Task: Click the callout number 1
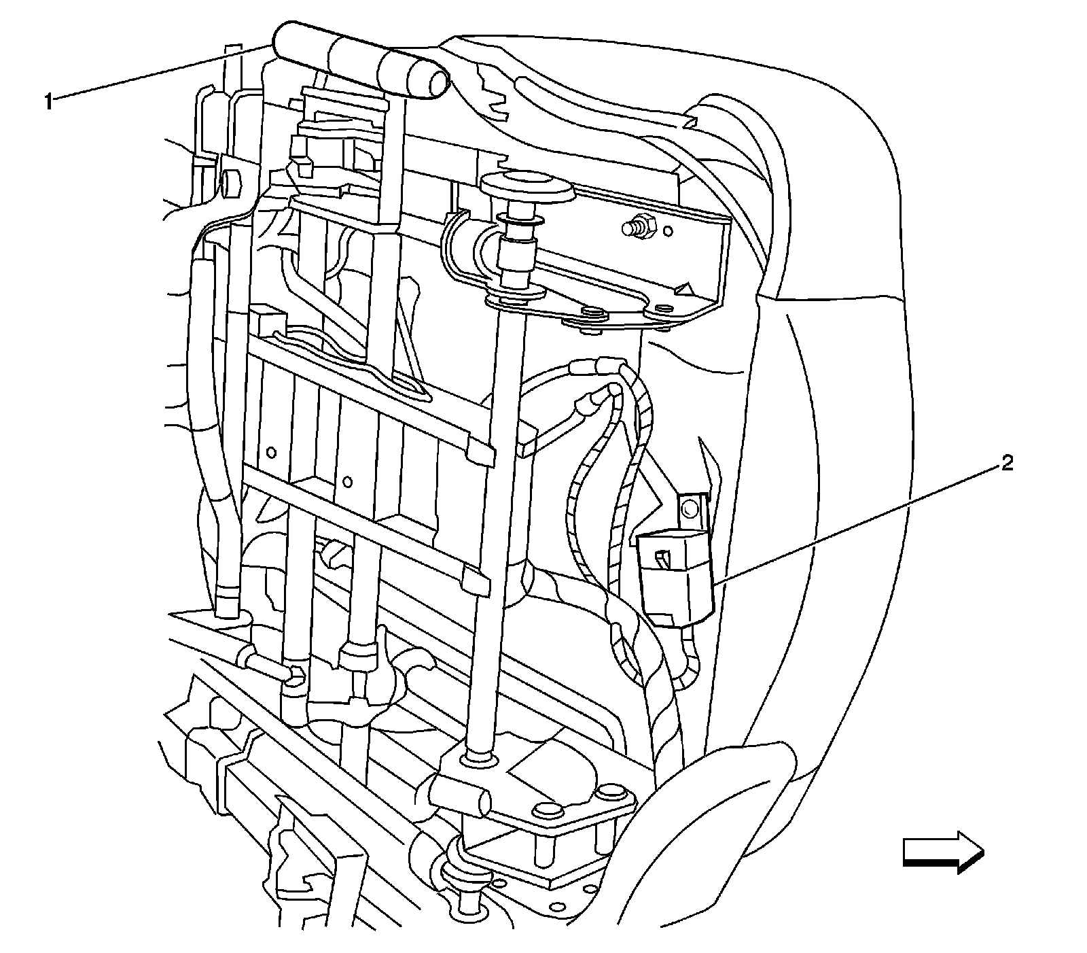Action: coord(48,102)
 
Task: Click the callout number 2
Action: coord(1006,464)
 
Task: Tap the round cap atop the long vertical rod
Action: coord(526,186)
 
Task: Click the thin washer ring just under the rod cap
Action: coord(520,221)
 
